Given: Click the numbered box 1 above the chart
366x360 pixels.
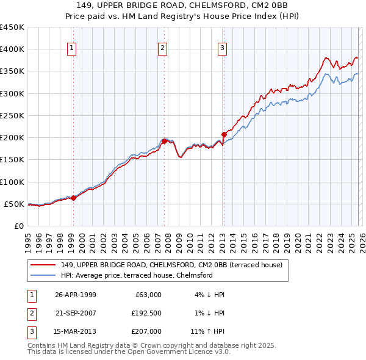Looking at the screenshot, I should (x=72, y=48).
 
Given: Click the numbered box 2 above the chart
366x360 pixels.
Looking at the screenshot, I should (x=163, y=48).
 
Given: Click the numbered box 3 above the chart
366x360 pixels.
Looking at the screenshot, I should (x=222, y=48).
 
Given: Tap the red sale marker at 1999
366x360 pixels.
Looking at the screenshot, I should (x=73, y=198).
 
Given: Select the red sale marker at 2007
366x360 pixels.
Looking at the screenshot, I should (x=164, y=141).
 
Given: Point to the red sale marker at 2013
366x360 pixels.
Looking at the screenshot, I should (x=223, y=134).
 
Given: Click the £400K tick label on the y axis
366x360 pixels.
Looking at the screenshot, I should (x=12, y=49).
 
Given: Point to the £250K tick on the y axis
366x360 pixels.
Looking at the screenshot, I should (x=12, y=115).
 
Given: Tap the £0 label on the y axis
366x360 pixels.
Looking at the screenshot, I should (x=18, y=226).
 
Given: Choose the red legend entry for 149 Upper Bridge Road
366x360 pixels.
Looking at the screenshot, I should (x=171, y=265).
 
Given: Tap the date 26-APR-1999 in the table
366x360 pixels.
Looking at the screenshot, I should (x=75, y=295).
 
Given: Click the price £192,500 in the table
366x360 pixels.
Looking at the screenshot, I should (x=146, y=314).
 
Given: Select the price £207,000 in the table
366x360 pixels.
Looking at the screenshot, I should (x=146, y=333).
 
